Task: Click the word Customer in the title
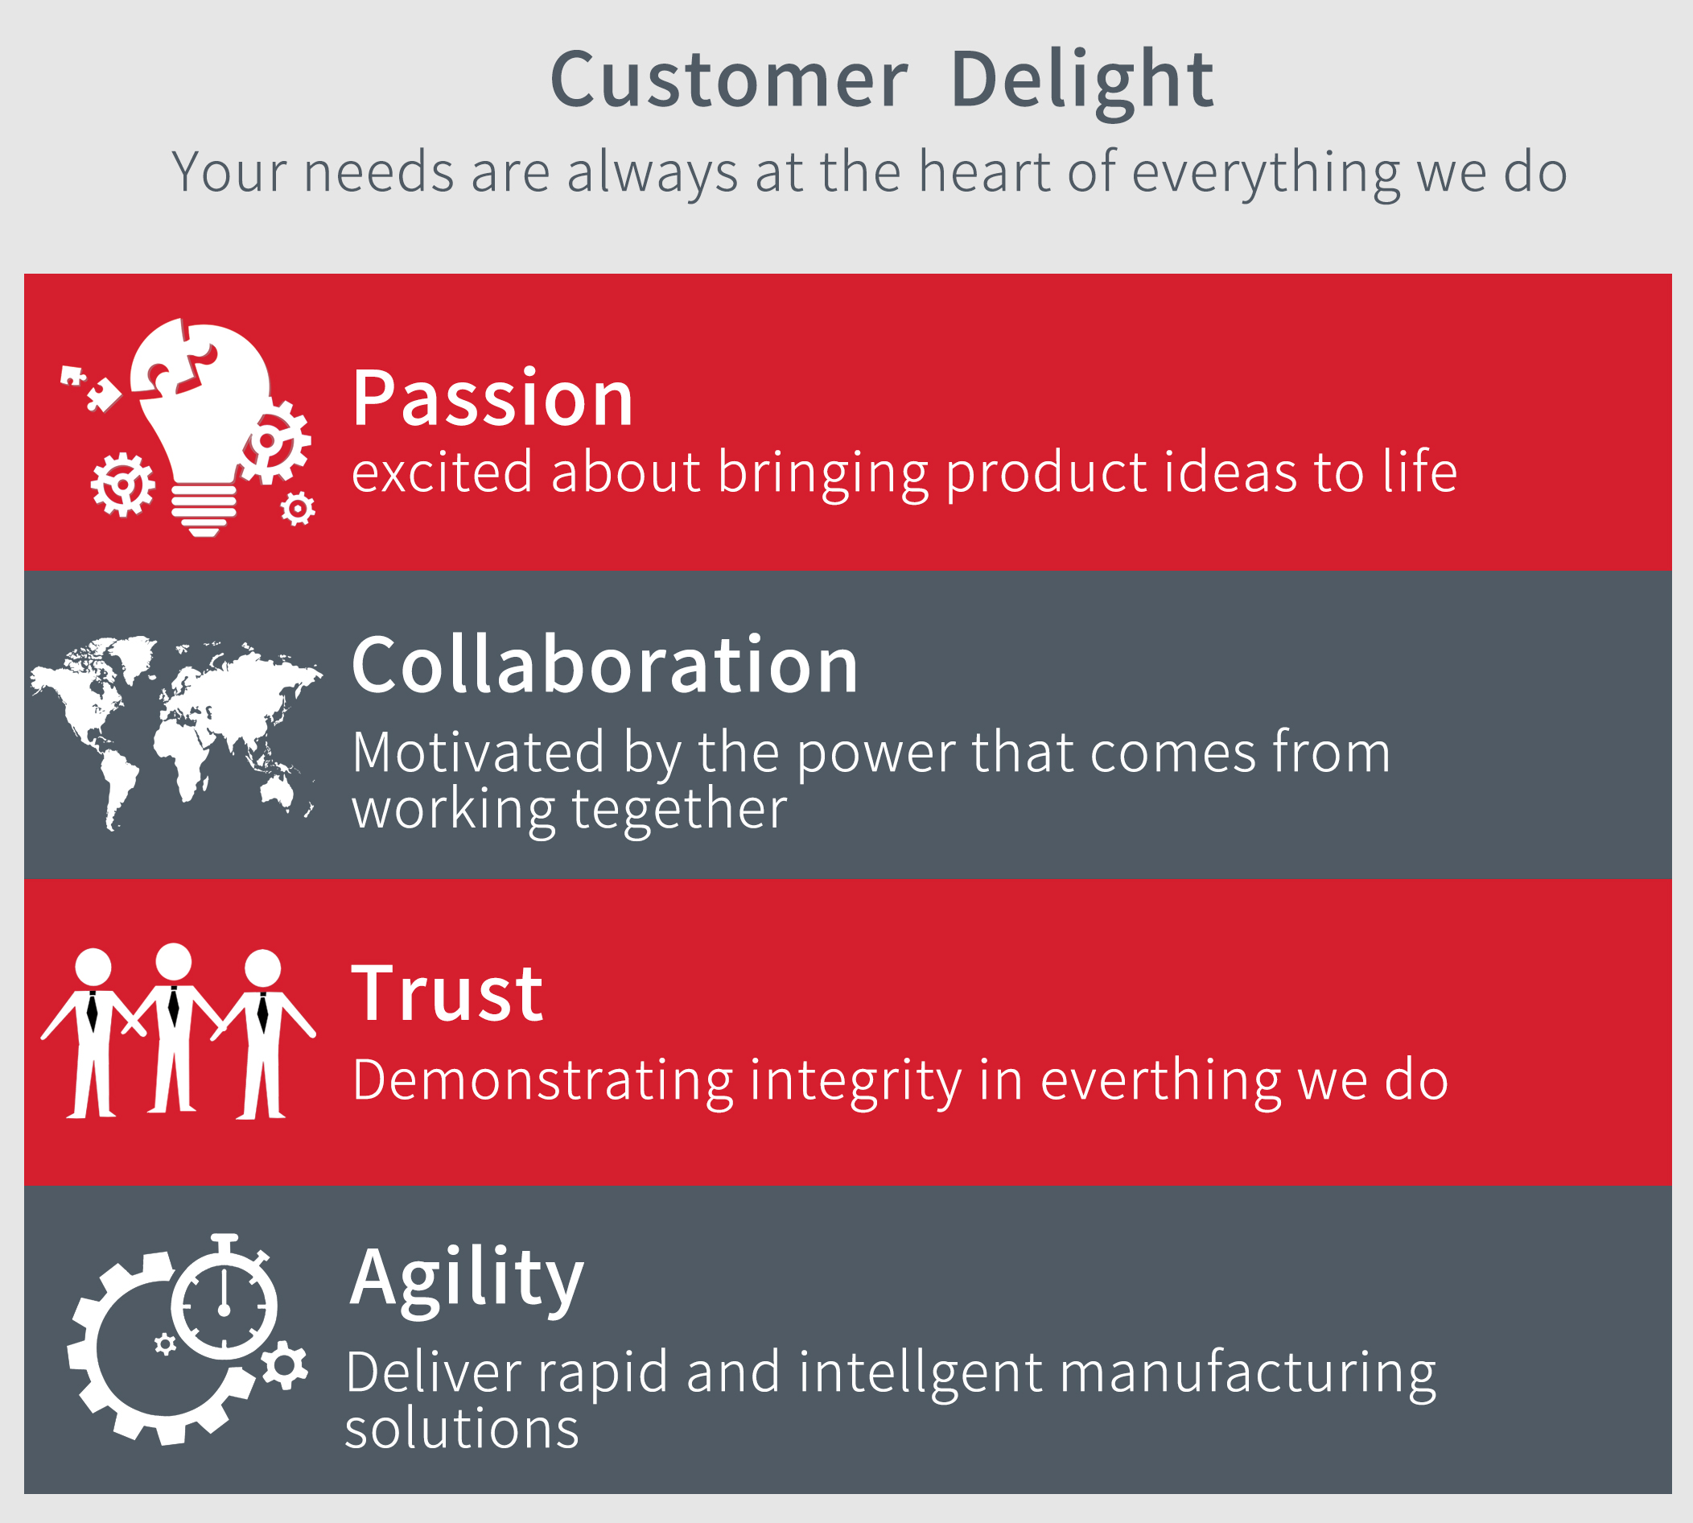pos(728,80)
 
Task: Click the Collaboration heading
pos(605,664)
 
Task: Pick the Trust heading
pos(447,993)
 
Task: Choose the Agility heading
pos(467,1278)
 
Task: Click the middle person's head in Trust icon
pos(173,961)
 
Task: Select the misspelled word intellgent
pos(920,1373)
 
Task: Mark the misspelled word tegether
pos(679,811)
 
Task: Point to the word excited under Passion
pos(442,472)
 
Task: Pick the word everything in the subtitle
pos(1266,173)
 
